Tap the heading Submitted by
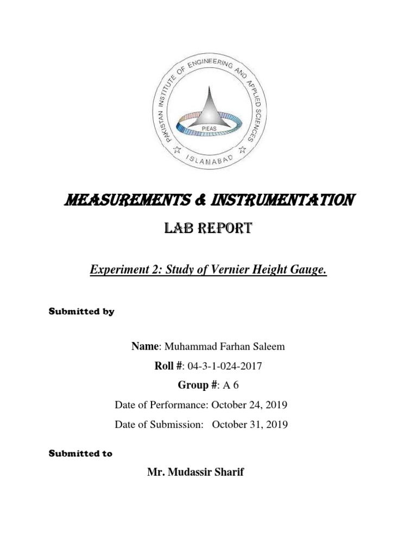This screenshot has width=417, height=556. pos(82,312)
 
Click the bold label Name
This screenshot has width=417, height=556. pos(144,346)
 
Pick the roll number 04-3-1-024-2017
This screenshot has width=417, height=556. pos(224,366)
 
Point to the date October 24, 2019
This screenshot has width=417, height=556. pos(249,405)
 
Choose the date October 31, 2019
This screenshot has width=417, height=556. pos(250,425)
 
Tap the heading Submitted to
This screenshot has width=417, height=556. pos(81,453)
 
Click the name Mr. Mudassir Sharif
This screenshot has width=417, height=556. pos(195,472)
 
